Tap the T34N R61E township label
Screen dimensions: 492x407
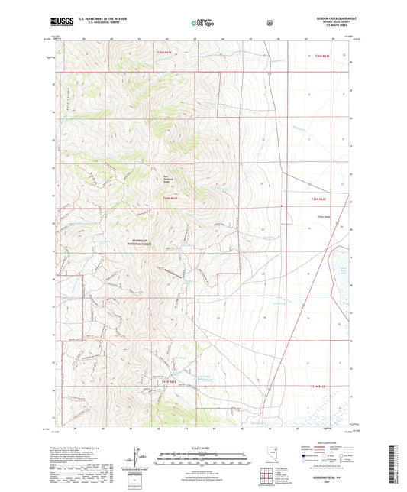tap(170, 199)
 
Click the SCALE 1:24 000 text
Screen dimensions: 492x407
tap(202, 447)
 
